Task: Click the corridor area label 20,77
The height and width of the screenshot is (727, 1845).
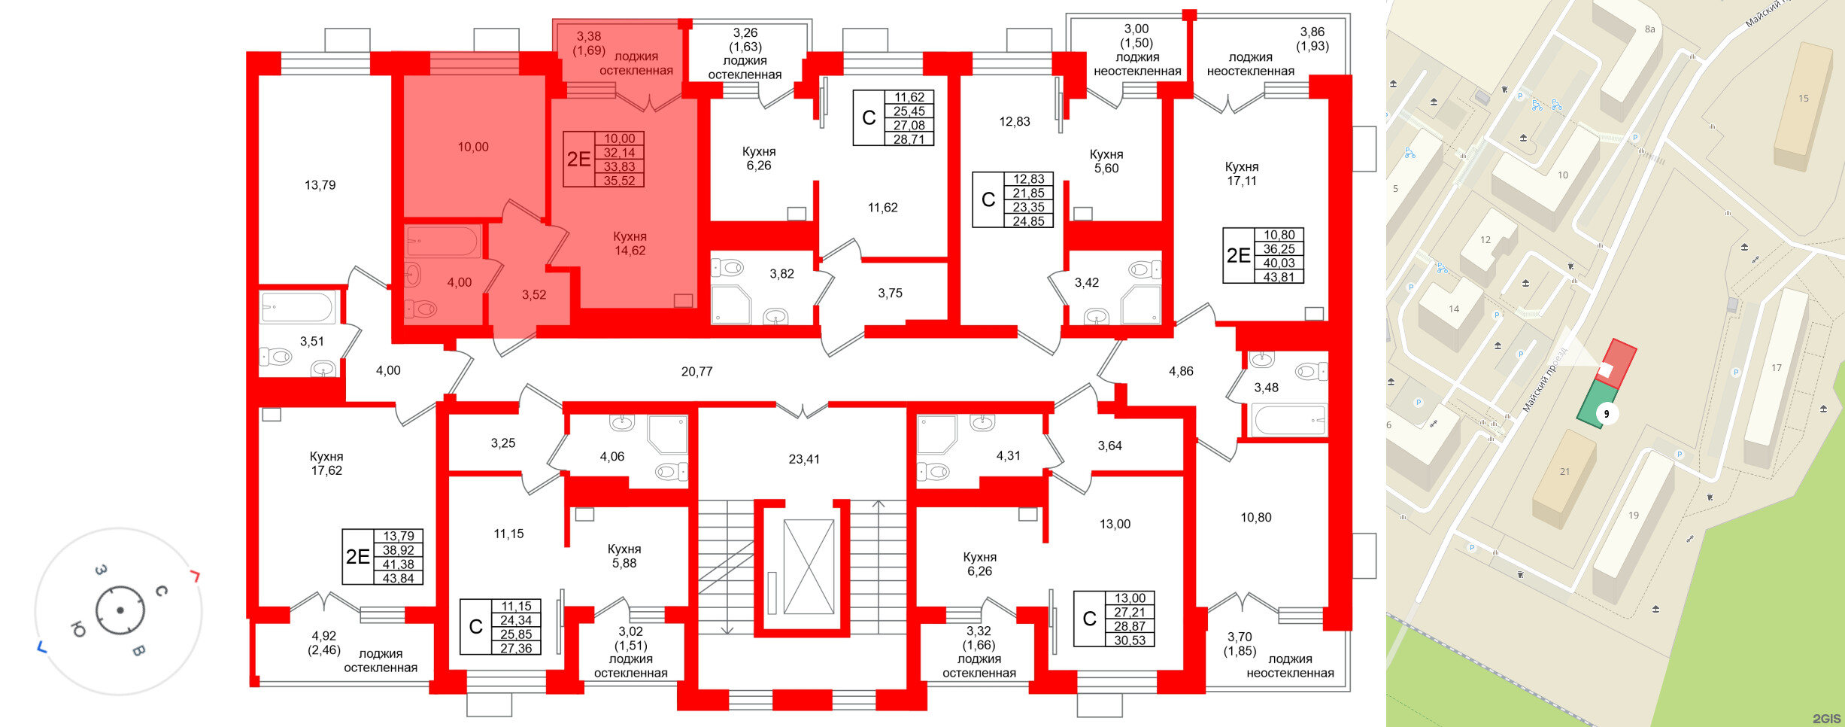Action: [x=696, y=372]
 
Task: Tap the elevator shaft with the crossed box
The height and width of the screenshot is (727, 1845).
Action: [x=809, y=567]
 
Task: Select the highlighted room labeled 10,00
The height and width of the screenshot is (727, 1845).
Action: [x=473, y=148]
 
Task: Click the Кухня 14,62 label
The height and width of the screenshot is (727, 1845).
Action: [x=630, y=244]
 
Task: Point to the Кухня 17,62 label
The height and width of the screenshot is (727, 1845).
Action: [x=326, y=464]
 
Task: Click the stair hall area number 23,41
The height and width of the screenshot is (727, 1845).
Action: [x=804, y=459]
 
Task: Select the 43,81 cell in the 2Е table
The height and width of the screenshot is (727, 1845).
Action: [x=1279, y=277]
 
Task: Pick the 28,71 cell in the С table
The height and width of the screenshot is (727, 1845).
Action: [x=909, y=139]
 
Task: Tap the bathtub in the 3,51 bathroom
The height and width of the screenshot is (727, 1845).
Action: [x=297, y=308]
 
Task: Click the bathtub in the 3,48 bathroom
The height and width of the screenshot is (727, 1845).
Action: [x=1288, y=420]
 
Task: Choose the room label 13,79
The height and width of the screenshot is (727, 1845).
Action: [x=320, y=185]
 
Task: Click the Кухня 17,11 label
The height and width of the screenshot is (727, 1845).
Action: [x=1241, y=174]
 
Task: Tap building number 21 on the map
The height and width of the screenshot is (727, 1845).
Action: [x=1564, y=472]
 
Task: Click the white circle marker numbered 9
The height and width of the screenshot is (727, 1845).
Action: [x=1607, y=414]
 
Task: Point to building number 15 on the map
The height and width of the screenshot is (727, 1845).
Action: [x=1803, y=99]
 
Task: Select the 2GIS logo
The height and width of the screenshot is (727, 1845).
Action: [x=1826, y=719]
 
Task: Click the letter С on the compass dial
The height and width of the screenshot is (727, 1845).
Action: [x=161, y=592]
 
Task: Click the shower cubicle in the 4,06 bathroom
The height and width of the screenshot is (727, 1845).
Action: [x=667, y=433]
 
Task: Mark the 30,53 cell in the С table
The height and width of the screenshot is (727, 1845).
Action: [x=1130, y=640]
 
